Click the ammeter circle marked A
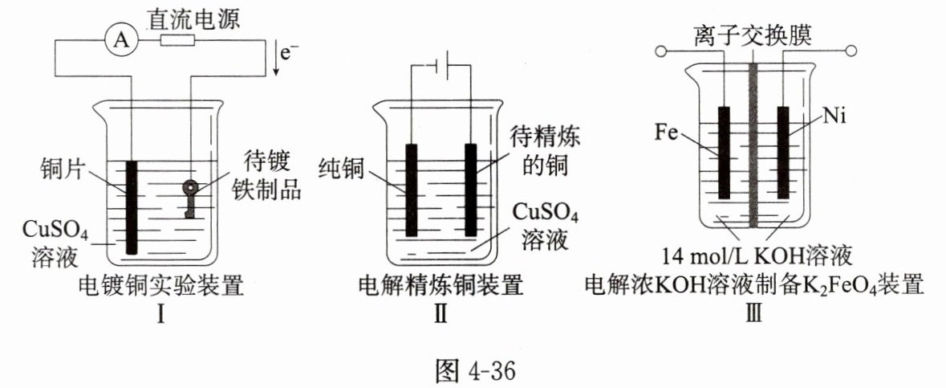point(121,40)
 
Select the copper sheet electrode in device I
point(131,205)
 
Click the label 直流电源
point(190,15)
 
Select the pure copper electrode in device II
point(412,190)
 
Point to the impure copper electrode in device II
point(470,190)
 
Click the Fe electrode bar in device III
point(725,153)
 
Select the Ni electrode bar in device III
point(782,153)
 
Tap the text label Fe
point(667,131)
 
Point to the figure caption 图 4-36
point(473,370)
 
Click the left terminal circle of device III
point(662,53)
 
